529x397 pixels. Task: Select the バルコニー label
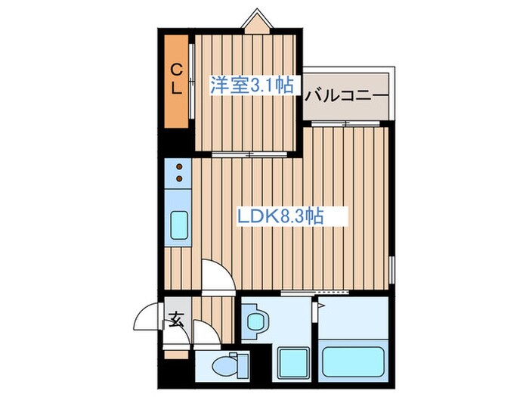coord(347,97)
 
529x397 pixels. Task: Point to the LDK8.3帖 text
coord(281,217)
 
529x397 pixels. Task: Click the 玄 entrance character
coord(176,320)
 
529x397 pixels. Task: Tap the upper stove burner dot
coord(180,167)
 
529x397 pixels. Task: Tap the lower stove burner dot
coord(180,179)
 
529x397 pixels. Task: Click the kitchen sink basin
coord(180,225)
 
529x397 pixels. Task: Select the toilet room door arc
coord(203,330)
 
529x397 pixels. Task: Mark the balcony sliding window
coord(346,123)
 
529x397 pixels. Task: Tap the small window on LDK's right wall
coord(392,268)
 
